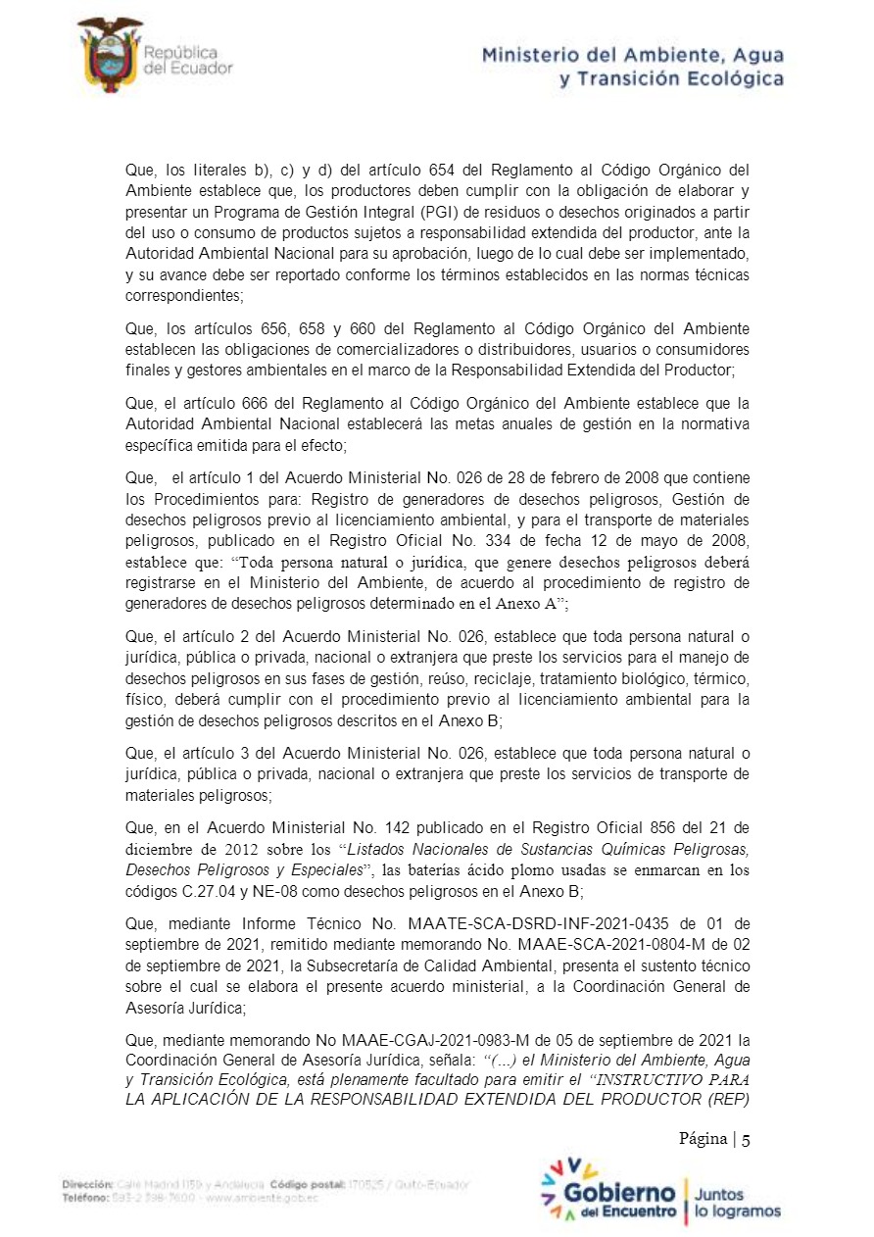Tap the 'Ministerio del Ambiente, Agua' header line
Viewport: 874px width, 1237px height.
pos(632,56)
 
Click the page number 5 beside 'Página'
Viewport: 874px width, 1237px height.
pos(746,1138)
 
